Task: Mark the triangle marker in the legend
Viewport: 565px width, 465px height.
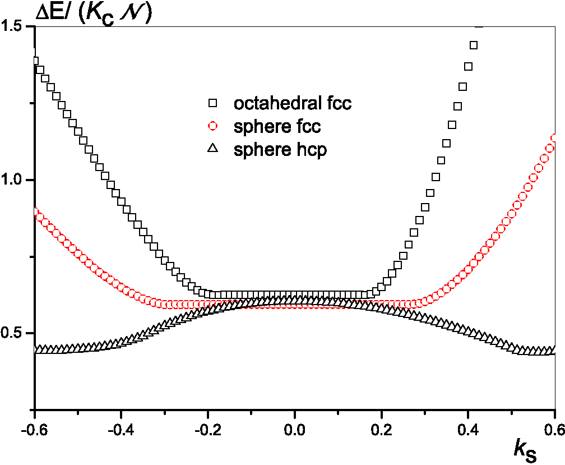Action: (212, 149)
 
